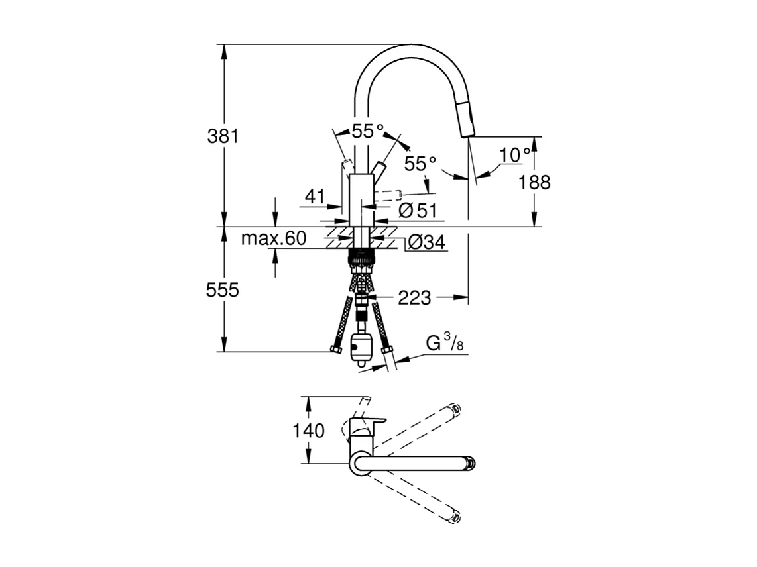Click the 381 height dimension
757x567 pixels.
coord(222,136)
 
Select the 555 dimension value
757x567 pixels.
coord(222,289)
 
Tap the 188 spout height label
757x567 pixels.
coord(535,181)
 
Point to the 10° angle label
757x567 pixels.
coord(515,155)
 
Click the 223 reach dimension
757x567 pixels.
coord(414,298)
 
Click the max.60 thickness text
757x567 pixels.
coord(273,238)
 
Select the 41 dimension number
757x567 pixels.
coord(316,196)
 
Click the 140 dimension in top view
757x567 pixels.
coord(309,431)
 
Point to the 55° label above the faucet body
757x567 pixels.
coord(367,131)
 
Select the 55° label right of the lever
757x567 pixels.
coord(420,164)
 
